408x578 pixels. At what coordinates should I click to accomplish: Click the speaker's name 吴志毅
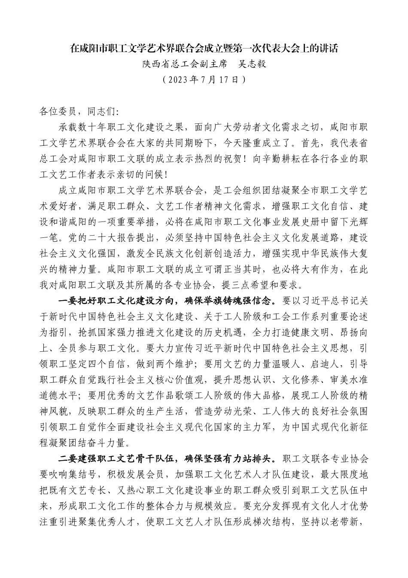252,64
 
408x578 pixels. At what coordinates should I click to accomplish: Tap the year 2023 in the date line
180,80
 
